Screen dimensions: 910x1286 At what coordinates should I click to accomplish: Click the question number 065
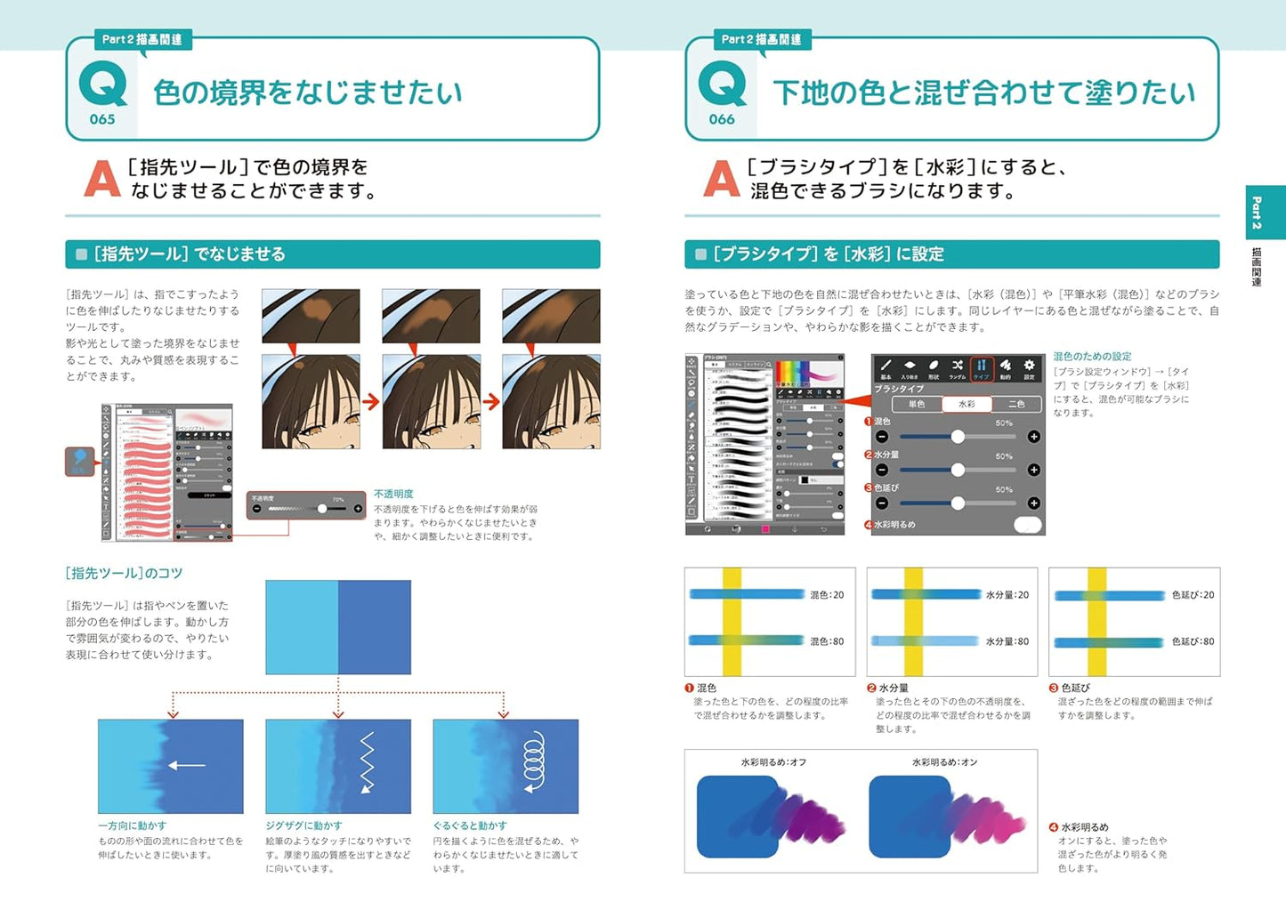pos(102,119)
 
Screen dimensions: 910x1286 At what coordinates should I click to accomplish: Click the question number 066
pos(722,119)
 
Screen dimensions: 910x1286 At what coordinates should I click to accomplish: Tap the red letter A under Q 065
pos(101,179)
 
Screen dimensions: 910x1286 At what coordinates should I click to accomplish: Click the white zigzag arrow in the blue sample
pos(366,763)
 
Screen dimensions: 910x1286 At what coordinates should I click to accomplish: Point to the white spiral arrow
pos(533,762)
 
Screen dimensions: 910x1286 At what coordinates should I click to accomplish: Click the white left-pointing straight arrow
pos(187,765)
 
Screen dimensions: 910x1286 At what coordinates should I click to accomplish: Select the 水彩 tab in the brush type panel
pos(967,404)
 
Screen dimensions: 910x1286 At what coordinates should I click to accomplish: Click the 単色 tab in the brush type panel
pos(917,404)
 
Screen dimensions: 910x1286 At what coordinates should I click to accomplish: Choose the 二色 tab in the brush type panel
pos(1016,404)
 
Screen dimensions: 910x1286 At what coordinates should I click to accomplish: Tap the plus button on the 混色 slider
pos(1033,437)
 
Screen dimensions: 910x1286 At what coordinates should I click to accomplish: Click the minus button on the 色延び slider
pos(882,503)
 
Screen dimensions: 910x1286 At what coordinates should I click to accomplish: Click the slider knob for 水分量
pos(958,470)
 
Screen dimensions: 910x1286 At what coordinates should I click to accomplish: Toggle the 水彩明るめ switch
pos(1028,525)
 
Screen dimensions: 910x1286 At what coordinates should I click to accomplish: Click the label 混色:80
pos(827,641)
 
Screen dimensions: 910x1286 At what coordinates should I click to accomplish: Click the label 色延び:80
pos(1193,641)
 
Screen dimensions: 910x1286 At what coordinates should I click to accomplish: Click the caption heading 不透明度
pos(393,494)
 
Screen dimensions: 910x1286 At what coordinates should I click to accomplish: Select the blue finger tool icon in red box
pos(80,461)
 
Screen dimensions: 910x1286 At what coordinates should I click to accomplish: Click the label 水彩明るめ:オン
pos(944,762)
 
